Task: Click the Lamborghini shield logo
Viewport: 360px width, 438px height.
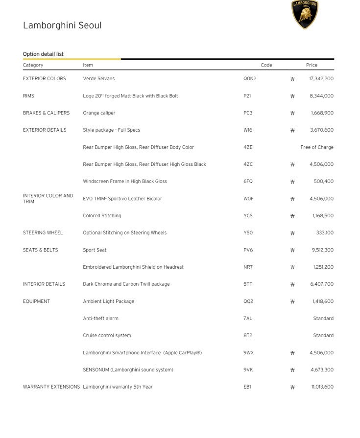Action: tap(305, 14)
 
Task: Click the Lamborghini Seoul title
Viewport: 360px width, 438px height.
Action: tap(62, 25)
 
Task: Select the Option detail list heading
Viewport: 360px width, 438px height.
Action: tap(43, 54)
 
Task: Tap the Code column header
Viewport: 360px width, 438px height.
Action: tap(266, 65)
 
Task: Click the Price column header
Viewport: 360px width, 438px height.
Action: tap(312, 65)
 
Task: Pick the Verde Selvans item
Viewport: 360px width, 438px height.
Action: tap(98, 78)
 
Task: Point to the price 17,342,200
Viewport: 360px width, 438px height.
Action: tap(321, 78)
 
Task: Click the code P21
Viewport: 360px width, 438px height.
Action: tap(247, 96)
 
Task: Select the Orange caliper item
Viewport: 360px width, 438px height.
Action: tap(99, 113)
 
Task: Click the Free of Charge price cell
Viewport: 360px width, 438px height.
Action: tap(317, 147)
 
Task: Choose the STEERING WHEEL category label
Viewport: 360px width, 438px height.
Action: tap(43, 233)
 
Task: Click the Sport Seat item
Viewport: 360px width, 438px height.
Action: tap(95, 250)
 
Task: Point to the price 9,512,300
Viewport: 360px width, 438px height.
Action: tap(322, 250)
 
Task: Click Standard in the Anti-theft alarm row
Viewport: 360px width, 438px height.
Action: tap(323, 319)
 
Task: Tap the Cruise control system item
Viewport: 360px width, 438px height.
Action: tap(107, 336)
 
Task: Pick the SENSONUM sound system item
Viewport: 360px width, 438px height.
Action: tap(128, 370)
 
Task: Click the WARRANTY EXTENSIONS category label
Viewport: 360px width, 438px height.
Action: tap(51, 387)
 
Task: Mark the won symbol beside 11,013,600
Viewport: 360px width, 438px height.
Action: tap(292, 387)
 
